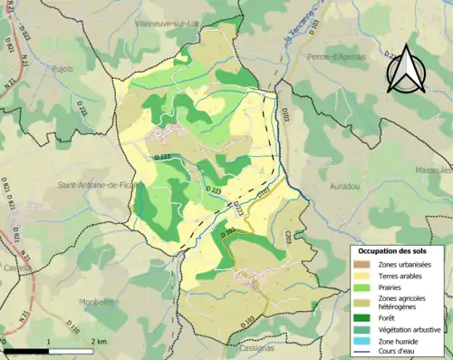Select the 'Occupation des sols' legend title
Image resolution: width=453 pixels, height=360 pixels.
tap(396, 250)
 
